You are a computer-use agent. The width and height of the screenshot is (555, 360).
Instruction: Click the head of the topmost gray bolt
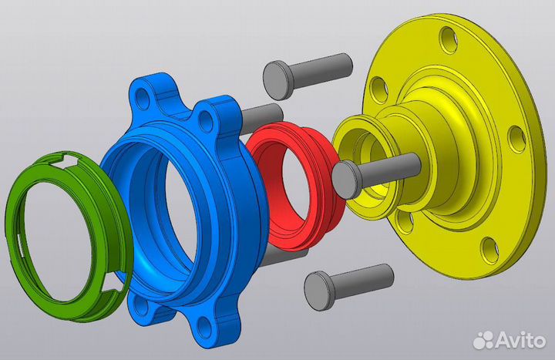(277, 80)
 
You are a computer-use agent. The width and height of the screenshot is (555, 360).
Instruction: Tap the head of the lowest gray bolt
(319, 291)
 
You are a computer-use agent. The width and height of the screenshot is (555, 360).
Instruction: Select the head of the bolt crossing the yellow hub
(347, 179)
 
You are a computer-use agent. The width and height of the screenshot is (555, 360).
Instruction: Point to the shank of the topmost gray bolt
(321, 69)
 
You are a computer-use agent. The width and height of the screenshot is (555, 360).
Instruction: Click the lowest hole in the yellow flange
(491, 251)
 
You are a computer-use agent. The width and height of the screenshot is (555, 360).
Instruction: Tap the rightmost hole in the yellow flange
(517, 139)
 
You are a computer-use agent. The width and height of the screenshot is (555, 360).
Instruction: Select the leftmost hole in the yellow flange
(378, 91)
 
